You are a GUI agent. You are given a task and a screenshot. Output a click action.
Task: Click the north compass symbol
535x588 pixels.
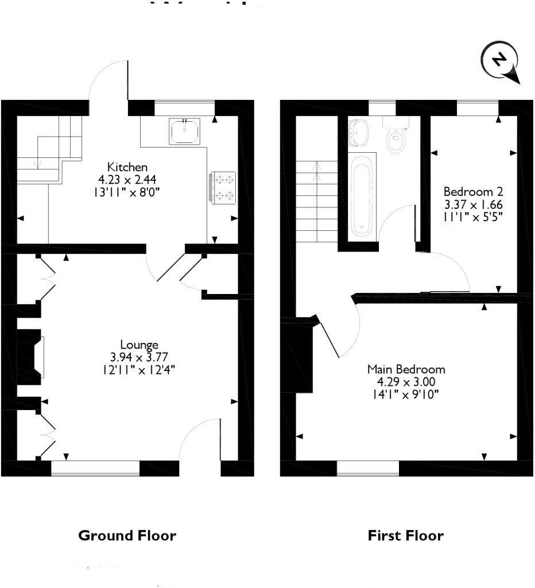[x=501, y=61]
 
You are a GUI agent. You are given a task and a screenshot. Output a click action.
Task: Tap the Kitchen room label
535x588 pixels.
[x=127, y=167]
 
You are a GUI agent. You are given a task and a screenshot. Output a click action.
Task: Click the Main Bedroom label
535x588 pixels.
[x=406, y=369]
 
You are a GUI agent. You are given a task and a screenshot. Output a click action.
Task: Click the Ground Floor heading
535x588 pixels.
[x=127, y=536]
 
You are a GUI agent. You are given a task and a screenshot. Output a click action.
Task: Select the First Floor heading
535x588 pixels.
[x=405, y=536]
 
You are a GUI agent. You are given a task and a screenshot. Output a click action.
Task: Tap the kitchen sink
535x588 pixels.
[x=185, y=131]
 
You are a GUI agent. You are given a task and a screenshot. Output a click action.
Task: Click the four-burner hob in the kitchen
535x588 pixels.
[x=224, y=187]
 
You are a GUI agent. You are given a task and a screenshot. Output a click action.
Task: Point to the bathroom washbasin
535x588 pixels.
[x=360, y=131]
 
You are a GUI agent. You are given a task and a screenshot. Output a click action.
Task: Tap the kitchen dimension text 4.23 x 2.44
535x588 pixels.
[x=127, y=179]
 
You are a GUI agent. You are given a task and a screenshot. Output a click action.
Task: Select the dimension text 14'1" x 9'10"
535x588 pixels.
[x=406, y=393]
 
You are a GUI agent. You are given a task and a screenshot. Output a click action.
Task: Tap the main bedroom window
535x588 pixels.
[x=367, y=468]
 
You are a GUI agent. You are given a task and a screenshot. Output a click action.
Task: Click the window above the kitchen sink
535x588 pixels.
[x=184, y=107]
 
